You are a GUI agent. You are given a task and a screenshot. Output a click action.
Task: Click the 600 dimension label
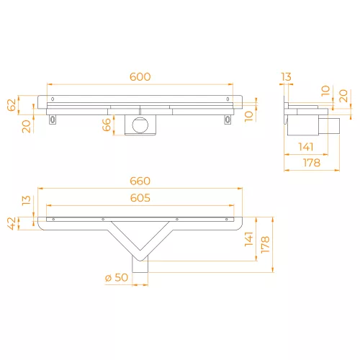point(140,77)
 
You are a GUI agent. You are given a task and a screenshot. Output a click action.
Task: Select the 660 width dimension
point(140,181)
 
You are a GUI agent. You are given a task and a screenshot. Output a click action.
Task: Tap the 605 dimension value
point(140,198)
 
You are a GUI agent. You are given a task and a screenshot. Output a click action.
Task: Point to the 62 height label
point(12,105)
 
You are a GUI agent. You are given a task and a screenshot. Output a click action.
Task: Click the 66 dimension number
point(107,125)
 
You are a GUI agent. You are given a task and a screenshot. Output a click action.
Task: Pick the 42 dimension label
point(12,223)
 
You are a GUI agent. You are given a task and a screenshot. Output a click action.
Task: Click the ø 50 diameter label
point(117,278)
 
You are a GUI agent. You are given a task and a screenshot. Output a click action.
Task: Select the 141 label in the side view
point(306,147)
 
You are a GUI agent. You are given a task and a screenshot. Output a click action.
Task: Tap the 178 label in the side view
point(312,163)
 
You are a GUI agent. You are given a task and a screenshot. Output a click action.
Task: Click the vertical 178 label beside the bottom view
point(265,245)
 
